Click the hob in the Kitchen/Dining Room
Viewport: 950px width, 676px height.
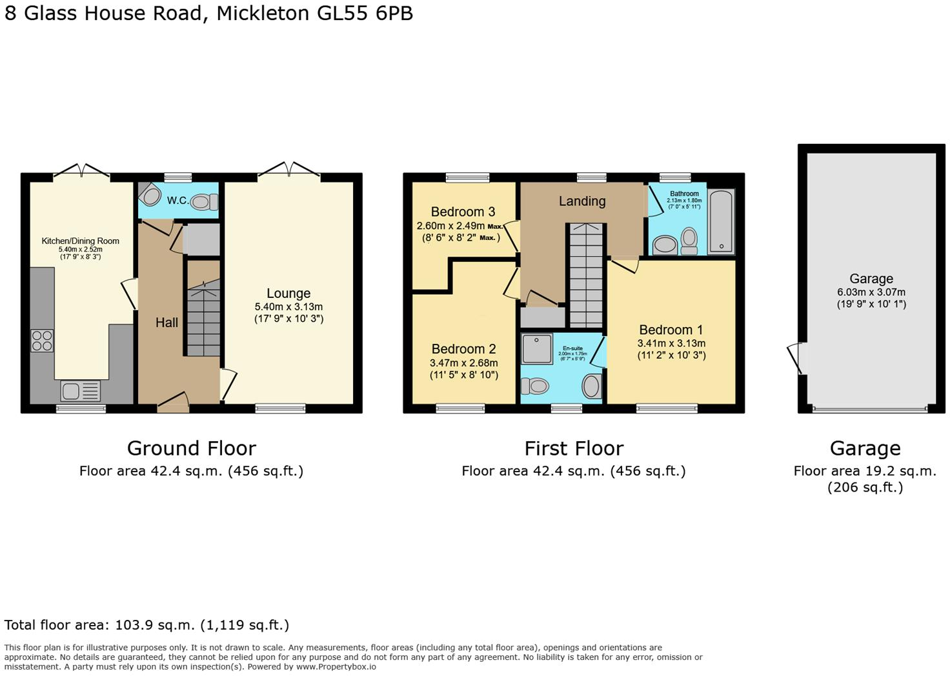(42, 340)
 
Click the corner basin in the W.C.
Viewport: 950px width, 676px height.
(149, 194)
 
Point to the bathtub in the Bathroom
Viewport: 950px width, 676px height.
(721, 221)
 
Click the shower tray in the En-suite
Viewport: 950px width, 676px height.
(537, 348)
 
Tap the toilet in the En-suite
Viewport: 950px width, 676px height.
(535, 386)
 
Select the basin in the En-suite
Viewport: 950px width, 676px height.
(591, 386)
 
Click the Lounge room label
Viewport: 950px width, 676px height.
(288, 293)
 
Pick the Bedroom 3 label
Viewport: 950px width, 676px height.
(463, 212)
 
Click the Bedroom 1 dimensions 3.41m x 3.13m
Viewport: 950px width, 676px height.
(671, 343)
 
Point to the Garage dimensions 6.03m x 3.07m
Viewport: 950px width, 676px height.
(871, 292)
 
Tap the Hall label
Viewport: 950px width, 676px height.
(167, 323)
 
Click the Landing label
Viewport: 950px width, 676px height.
(581, 201)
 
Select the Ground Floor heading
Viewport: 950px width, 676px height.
(191, 448)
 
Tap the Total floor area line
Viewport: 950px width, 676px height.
(147, 624)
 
